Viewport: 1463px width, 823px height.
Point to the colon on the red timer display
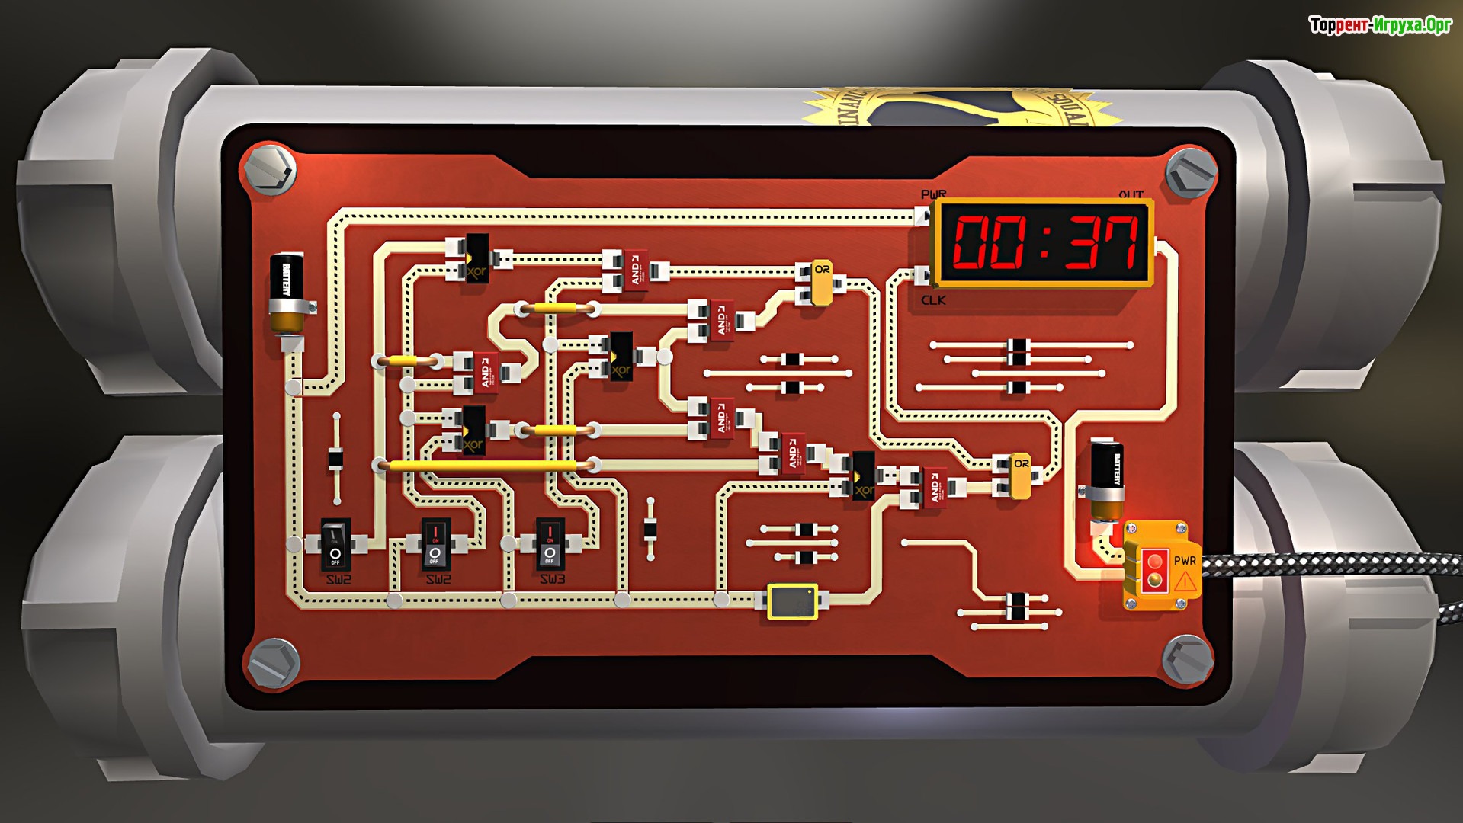coord(1044,242)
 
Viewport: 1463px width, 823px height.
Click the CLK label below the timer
coord(933,300)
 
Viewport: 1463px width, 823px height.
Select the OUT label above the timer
coord(1131,195)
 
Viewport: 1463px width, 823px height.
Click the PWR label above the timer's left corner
coord(933,195)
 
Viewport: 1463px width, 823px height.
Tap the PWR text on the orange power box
coord(1185,561)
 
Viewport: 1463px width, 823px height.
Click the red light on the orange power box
coord(1155,562)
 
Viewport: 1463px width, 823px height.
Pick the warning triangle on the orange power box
coord(1185,582)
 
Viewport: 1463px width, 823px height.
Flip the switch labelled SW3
coord(550,544)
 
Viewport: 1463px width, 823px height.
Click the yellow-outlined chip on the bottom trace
coord(792,601)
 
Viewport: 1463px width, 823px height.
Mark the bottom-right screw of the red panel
coord(1187,660)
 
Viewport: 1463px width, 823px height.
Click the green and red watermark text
coord(1380,25)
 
